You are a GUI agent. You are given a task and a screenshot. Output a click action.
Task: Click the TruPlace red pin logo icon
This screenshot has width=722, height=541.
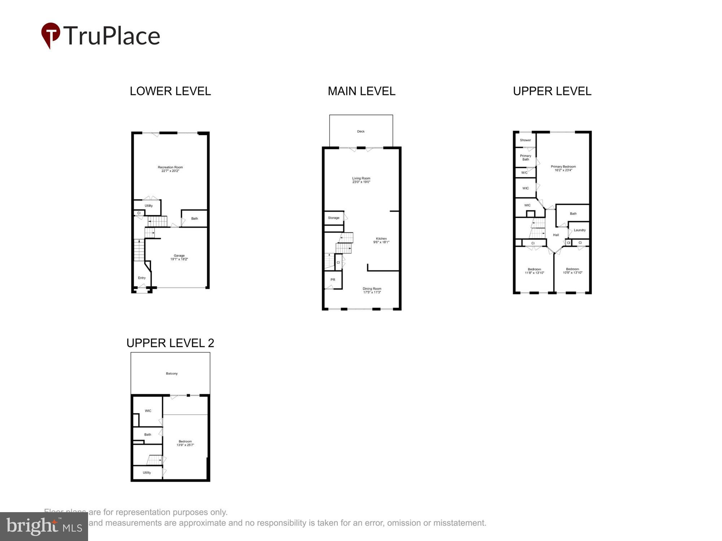[51, 35]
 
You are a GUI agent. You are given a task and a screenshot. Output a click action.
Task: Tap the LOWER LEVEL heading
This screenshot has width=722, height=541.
[170, 91]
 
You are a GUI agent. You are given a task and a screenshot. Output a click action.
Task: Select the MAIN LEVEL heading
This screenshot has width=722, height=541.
[361, 91]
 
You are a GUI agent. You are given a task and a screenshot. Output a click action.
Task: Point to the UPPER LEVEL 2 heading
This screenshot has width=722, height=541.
[170, 343]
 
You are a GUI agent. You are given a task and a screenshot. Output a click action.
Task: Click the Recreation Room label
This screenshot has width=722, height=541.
[170, 167]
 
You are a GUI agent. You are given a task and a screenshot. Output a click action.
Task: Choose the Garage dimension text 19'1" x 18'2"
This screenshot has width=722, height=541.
[179, 259]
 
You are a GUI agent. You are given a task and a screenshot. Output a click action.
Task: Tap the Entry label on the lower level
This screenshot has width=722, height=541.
[142, 278]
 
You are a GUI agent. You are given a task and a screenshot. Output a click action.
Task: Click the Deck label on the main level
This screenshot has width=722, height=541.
[361, 131]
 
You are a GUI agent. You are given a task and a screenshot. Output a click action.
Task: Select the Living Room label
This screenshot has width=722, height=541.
[361, 178]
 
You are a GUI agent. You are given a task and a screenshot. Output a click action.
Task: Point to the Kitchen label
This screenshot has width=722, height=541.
[381, 238]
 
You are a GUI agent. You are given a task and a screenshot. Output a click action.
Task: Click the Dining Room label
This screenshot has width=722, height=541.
[372, 289]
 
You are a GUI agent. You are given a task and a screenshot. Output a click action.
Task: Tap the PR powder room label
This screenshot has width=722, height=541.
[333, 280]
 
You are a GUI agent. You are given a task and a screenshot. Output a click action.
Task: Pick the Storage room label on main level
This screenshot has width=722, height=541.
[334, 218]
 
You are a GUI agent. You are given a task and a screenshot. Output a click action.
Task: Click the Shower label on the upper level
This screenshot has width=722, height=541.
[525, 140]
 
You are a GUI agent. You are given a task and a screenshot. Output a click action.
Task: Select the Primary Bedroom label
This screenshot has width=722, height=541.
[563, 167]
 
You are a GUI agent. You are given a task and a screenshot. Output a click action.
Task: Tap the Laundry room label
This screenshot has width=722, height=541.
[579, 230]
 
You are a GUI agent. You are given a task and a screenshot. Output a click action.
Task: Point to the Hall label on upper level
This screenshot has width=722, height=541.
[556, 235]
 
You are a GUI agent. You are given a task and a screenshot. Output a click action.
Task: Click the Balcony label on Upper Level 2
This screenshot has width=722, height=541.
[172, 374]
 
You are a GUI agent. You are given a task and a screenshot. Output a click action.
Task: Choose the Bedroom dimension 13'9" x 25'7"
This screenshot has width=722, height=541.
[185, 445]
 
